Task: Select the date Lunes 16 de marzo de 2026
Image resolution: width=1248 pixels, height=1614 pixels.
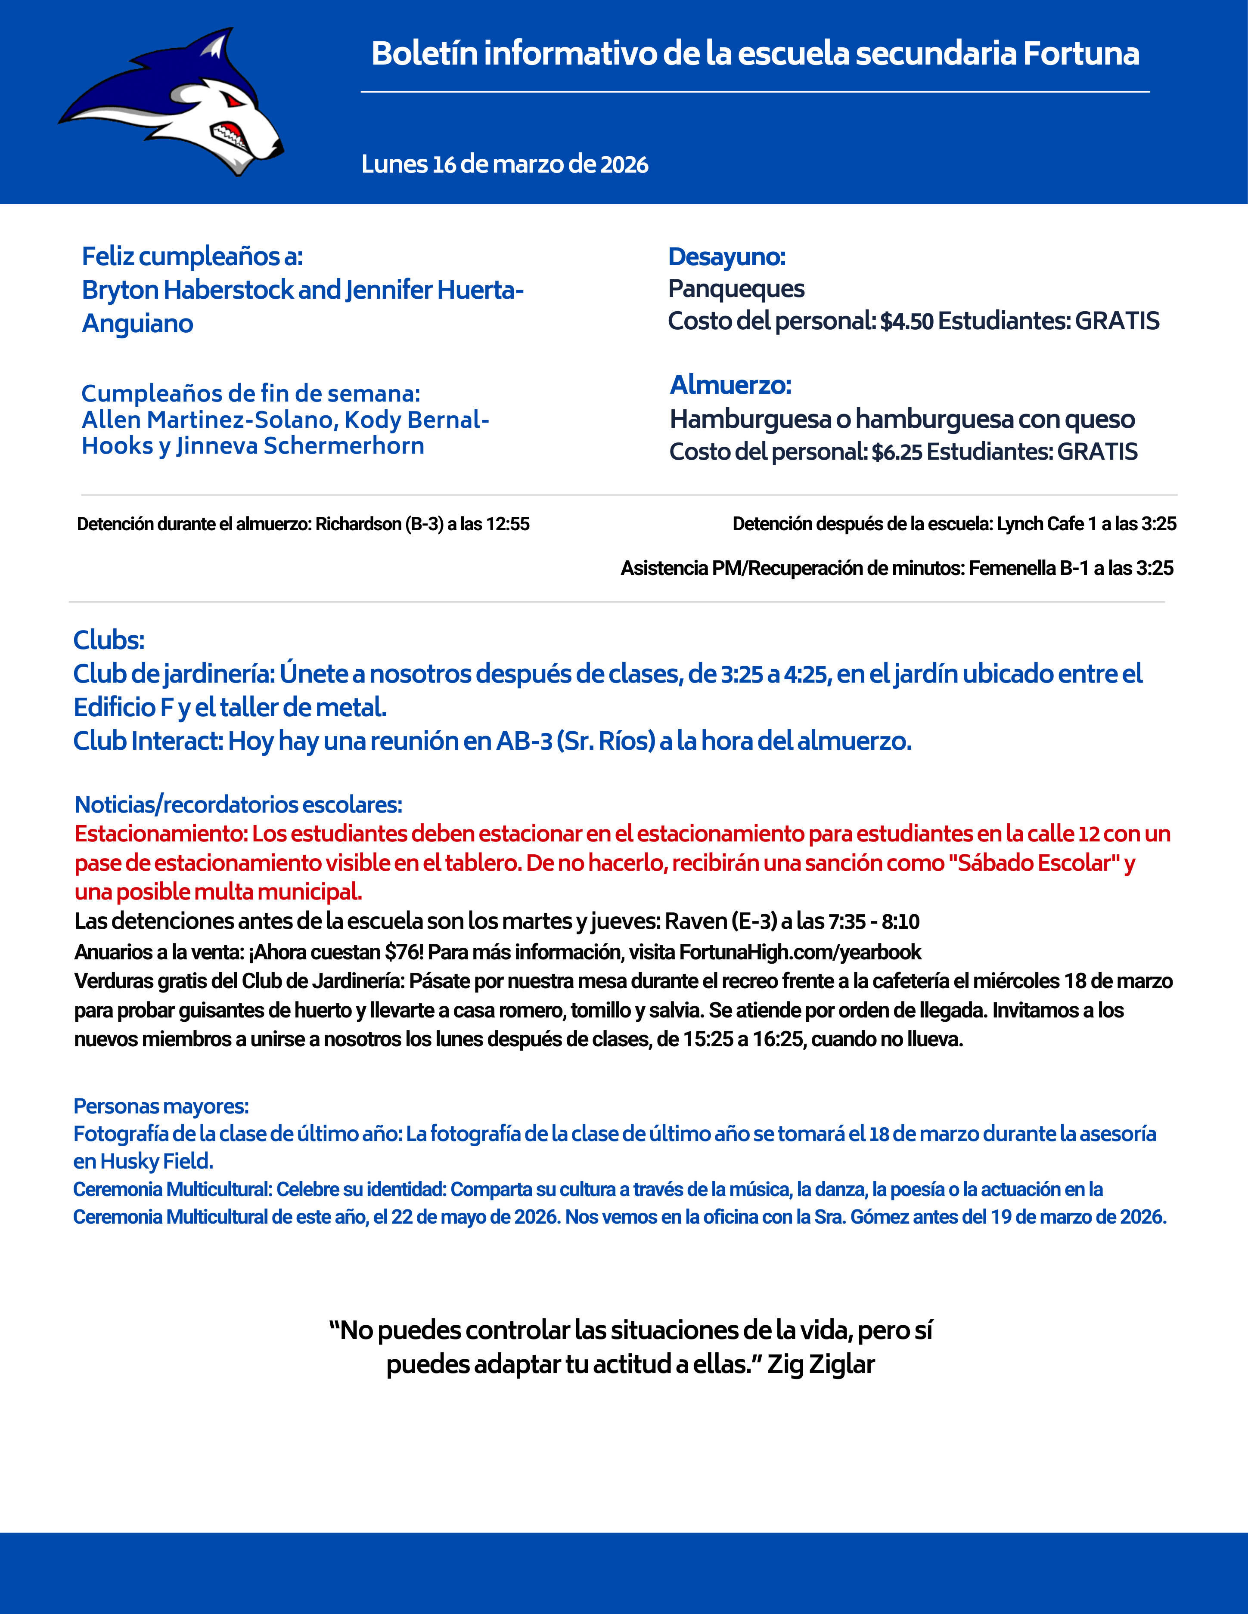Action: pos(504,164)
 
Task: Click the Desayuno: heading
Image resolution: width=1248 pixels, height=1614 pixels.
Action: pos(726,257)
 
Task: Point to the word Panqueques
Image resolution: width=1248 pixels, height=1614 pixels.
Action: pos(736,288)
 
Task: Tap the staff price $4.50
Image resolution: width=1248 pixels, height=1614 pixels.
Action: pos(907,322)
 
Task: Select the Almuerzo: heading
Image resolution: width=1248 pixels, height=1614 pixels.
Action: pos(730,385)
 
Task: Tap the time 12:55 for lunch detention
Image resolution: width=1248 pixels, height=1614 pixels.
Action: pos(508,524)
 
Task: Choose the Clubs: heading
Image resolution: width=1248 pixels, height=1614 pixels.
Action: pos(109,640)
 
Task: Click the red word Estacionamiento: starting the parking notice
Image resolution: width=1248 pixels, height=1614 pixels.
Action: pos(161,834)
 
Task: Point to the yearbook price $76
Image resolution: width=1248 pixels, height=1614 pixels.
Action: pos(404,952)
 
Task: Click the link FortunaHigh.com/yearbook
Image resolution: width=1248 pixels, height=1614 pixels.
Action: pos(799,952)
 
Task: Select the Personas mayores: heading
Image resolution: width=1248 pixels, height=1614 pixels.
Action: pos(161,1106)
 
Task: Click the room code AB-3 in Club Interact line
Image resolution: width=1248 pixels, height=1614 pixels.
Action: pos(524,741)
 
